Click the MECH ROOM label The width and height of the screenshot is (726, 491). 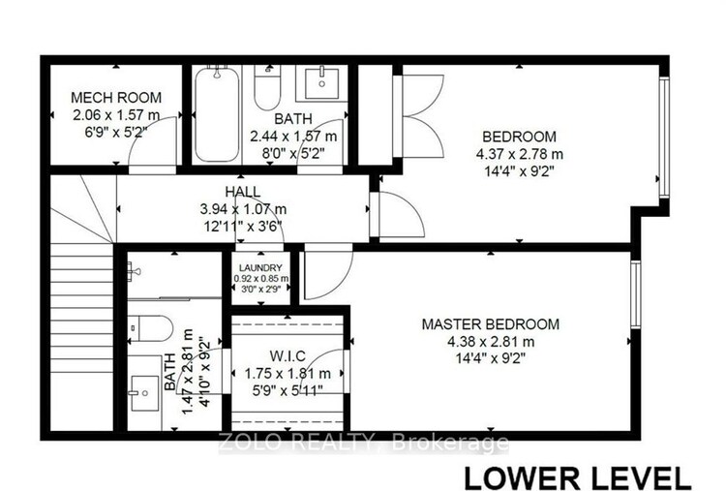pos(116,97)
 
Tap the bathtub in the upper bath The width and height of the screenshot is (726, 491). pos(217,114)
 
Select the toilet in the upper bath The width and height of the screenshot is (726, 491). pos(267,88)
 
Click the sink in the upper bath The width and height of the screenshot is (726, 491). pos(321,83)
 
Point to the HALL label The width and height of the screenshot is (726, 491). pos(243,192)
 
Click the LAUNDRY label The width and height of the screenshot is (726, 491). pos(260,267)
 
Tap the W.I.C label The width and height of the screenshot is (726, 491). pos(287,355)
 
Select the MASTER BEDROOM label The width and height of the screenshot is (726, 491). pos(491,323)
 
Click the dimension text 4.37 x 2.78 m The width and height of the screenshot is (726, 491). pos(520,154)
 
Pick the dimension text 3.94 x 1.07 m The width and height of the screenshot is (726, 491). pos(243,209)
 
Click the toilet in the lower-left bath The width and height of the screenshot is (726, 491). pos(150,328)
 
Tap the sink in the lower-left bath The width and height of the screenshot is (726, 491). pos(145,393)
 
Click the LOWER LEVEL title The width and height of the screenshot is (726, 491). pos(577,477)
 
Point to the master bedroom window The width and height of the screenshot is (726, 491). pos(636,294)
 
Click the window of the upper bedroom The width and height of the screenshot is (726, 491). pos(664,138)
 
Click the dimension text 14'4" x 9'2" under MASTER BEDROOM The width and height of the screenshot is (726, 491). pos(491,358)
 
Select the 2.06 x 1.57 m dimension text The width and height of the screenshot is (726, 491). pos(116,115)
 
